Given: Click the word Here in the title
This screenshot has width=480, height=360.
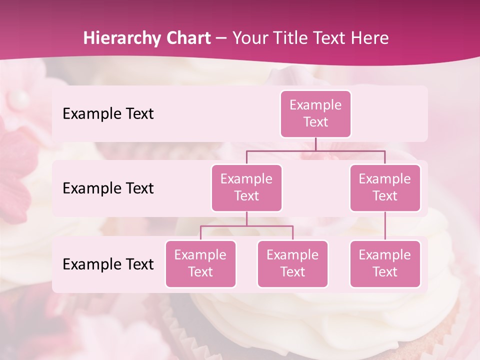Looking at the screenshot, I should coord(370,38).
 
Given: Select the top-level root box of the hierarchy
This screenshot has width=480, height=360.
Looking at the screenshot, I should coord(315,114).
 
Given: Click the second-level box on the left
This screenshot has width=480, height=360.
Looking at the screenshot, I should coord(246,188).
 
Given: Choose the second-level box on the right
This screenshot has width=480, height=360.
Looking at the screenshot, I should coord(385,188).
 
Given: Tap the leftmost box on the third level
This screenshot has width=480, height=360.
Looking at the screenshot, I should coord(200,264).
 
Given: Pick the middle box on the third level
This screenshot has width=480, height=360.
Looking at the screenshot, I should coord(292,264).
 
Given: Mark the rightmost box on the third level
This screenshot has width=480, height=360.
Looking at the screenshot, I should coord(385,264).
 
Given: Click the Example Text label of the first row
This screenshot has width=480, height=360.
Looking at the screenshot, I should coord(108,114).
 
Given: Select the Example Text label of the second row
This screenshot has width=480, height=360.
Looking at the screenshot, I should coord(108,188).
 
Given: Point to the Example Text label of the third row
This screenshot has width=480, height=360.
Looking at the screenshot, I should coord(108,264).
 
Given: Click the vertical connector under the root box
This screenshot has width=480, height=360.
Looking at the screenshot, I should coord(315,144).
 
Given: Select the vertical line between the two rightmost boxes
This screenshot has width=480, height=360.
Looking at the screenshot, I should coord(385,226).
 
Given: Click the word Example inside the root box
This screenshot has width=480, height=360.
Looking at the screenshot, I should coord(315,105).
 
